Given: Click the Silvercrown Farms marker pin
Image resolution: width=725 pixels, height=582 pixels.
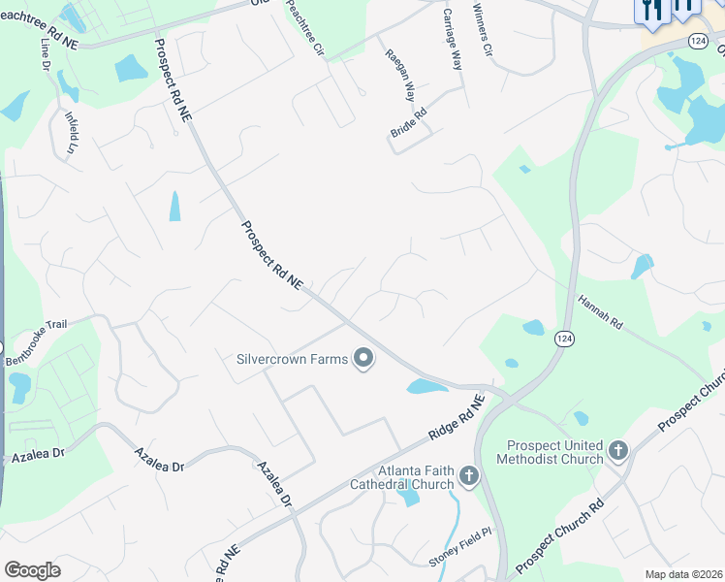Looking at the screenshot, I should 364,359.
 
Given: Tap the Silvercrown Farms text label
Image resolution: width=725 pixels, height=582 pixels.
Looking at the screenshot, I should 292,359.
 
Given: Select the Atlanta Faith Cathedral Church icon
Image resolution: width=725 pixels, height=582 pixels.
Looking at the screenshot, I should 469,475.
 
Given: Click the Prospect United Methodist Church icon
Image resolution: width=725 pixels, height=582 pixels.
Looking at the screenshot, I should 618,450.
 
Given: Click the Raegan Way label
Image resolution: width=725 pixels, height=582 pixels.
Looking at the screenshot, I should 399,76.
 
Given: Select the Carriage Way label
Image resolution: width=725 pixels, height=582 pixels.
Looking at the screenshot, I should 452,39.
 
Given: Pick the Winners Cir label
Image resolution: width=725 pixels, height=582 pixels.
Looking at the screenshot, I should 483,29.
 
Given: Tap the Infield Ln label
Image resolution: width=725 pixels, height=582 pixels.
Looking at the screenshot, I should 71,132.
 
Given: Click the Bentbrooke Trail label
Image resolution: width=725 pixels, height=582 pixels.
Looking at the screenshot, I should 40,345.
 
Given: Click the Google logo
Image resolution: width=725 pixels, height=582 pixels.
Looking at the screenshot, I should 32,570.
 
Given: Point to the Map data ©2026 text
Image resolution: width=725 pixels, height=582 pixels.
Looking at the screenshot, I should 683,574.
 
